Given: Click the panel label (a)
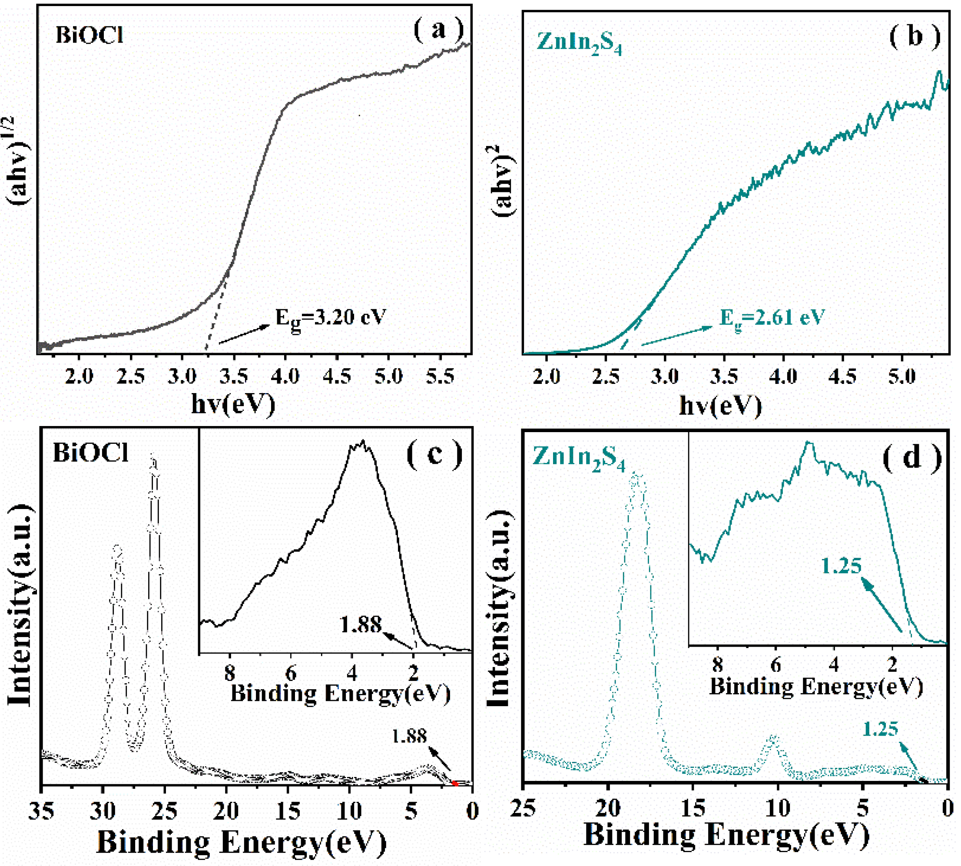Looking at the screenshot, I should pos(438,30).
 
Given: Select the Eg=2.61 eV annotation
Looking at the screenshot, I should pos(771,317).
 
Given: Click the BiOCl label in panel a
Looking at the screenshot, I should pos(89,35).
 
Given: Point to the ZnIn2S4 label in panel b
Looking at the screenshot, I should pos(579,44).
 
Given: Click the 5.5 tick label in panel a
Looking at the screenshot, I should pos(440,377).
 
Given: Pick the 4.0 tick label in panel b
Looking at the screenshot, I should pos(783,377).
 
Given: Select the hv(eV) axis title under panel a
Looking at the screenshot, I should pos(233,403).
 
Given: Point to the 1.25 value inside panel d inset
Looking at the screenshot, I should pos(842,566).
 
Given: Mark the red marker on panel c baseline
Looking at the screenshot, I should pos(454,783).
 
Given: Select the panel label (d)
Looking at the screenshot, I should pos(911,458).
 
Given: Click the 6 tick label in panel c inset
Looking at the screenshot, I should pos(291,673).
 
